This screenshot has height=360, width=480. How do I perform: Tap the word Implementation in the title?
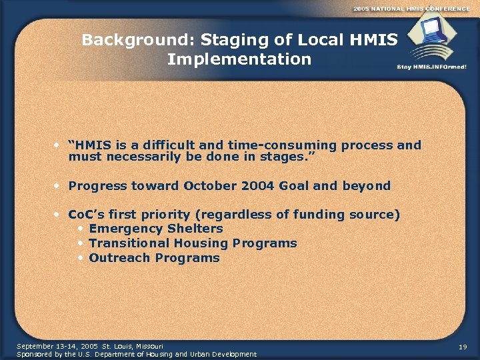[x=239, y=59]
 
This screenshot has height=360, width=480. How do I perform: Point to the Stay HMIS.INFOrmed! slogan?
[x=431, y=67]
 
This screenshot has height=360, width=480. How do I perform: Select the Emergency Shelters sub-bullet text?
[x=156, y=229]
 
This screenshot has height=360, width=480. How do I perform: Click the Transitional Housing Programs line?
[x=193, y=243]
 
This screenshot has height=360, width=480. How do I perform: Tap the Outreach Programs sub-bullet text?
[x=154, y=258]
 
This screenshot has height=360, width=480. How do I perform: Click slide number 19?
[x=463, y=347]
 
